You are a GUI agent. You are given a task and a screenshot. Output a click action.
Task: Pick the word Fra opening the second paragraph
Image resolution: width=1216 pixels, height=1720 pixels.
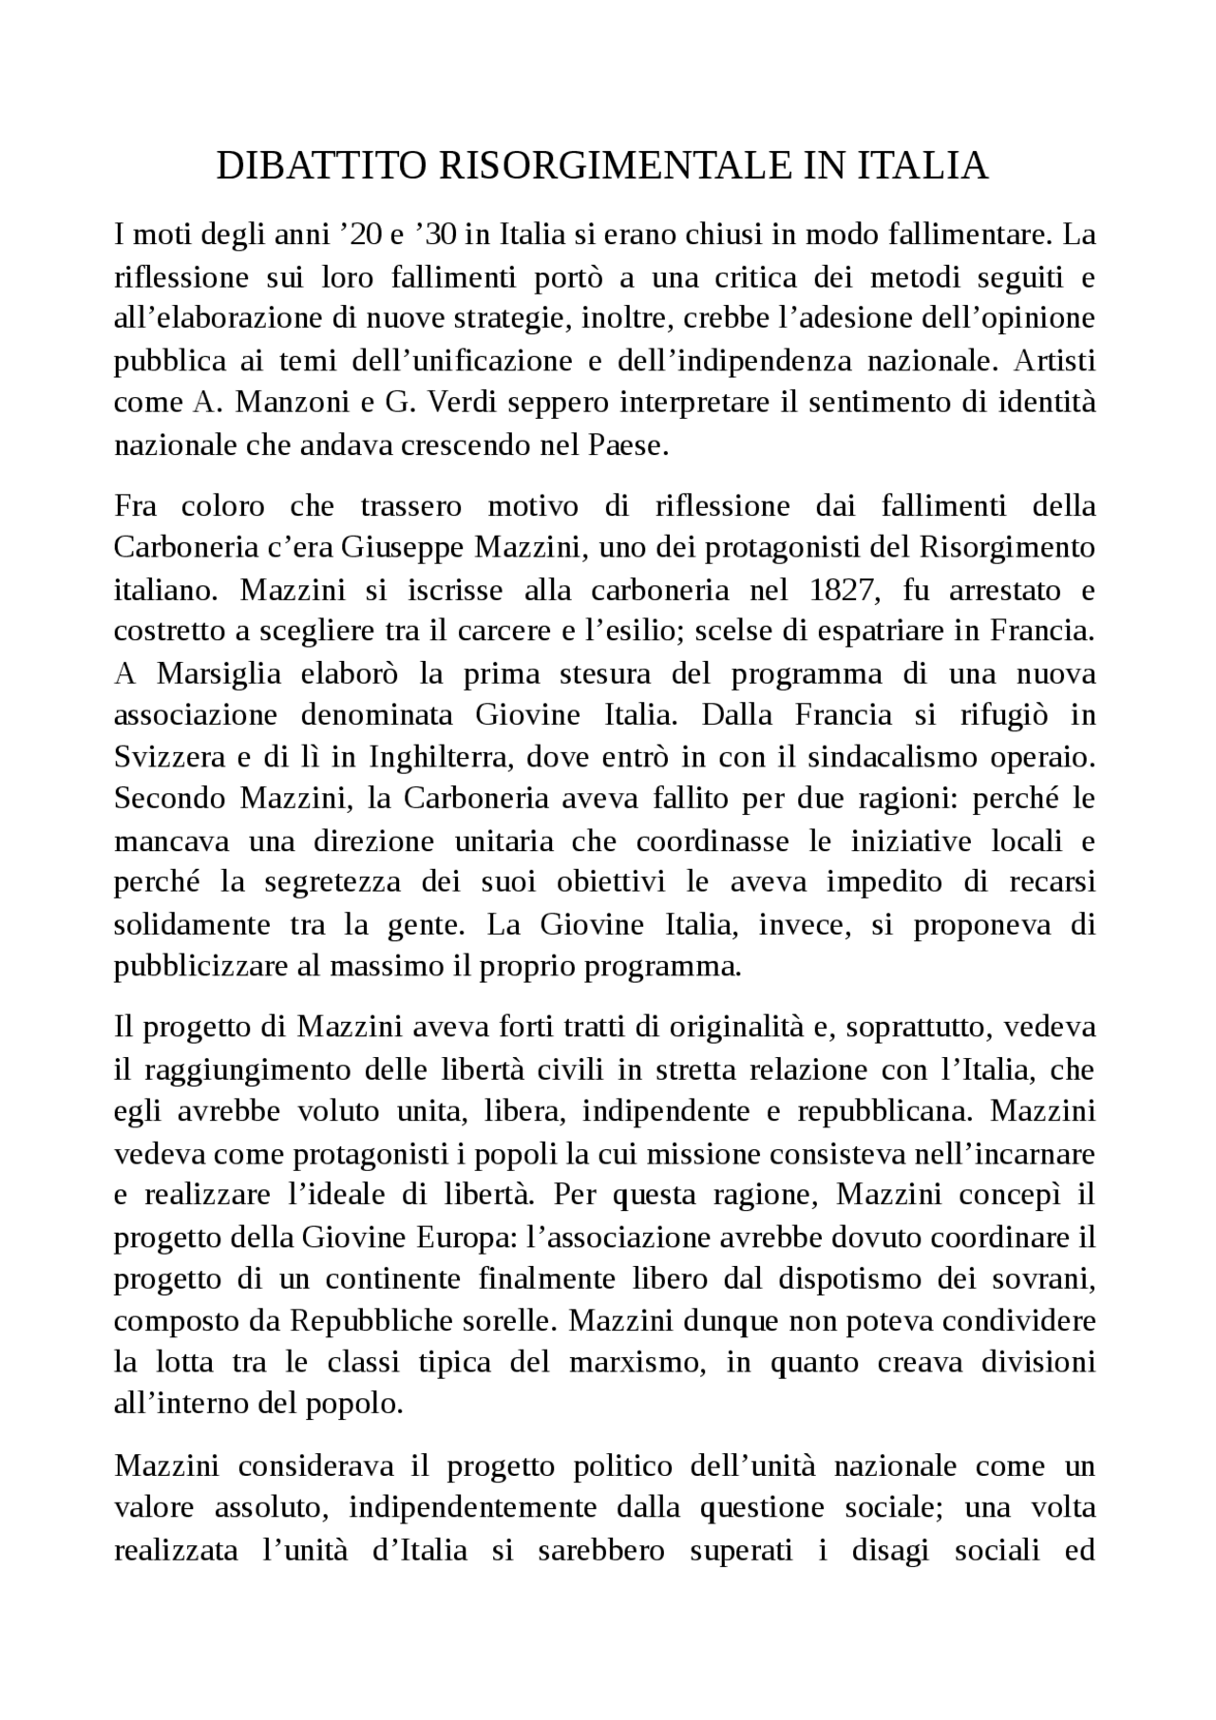(136, 506)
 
